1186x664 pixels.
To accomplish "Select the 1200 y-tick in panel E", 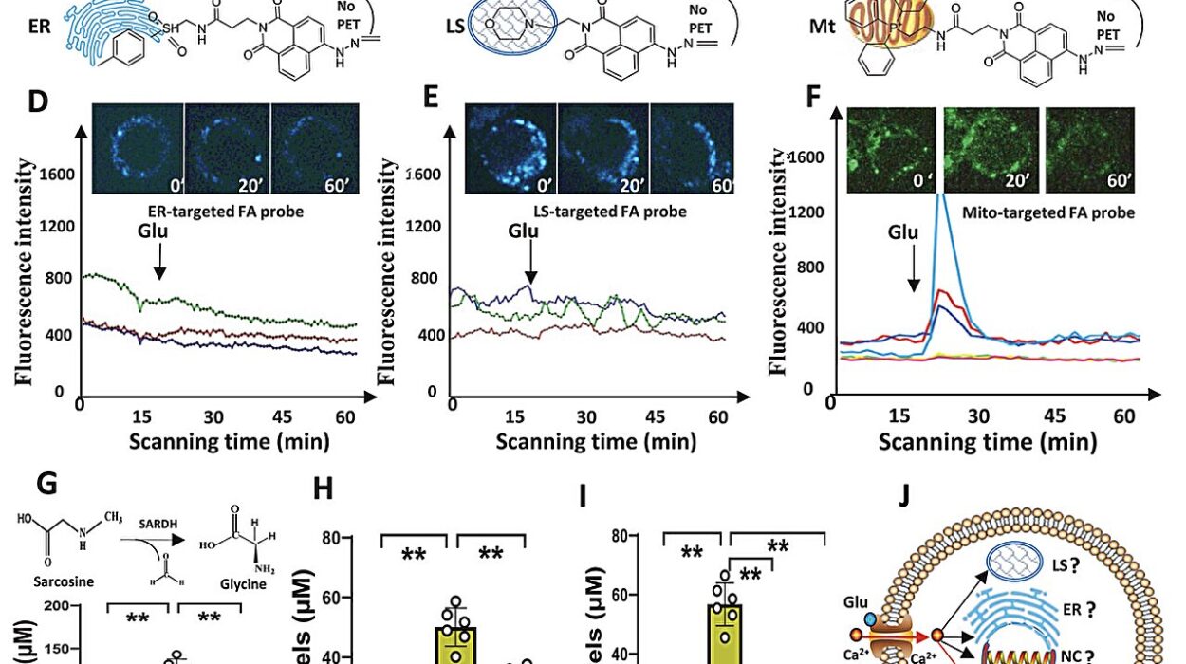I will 424,227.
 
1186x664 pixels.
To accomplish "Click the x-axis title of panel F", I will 987,442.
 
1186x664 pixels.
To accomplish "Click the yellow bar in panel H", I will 454,643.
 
